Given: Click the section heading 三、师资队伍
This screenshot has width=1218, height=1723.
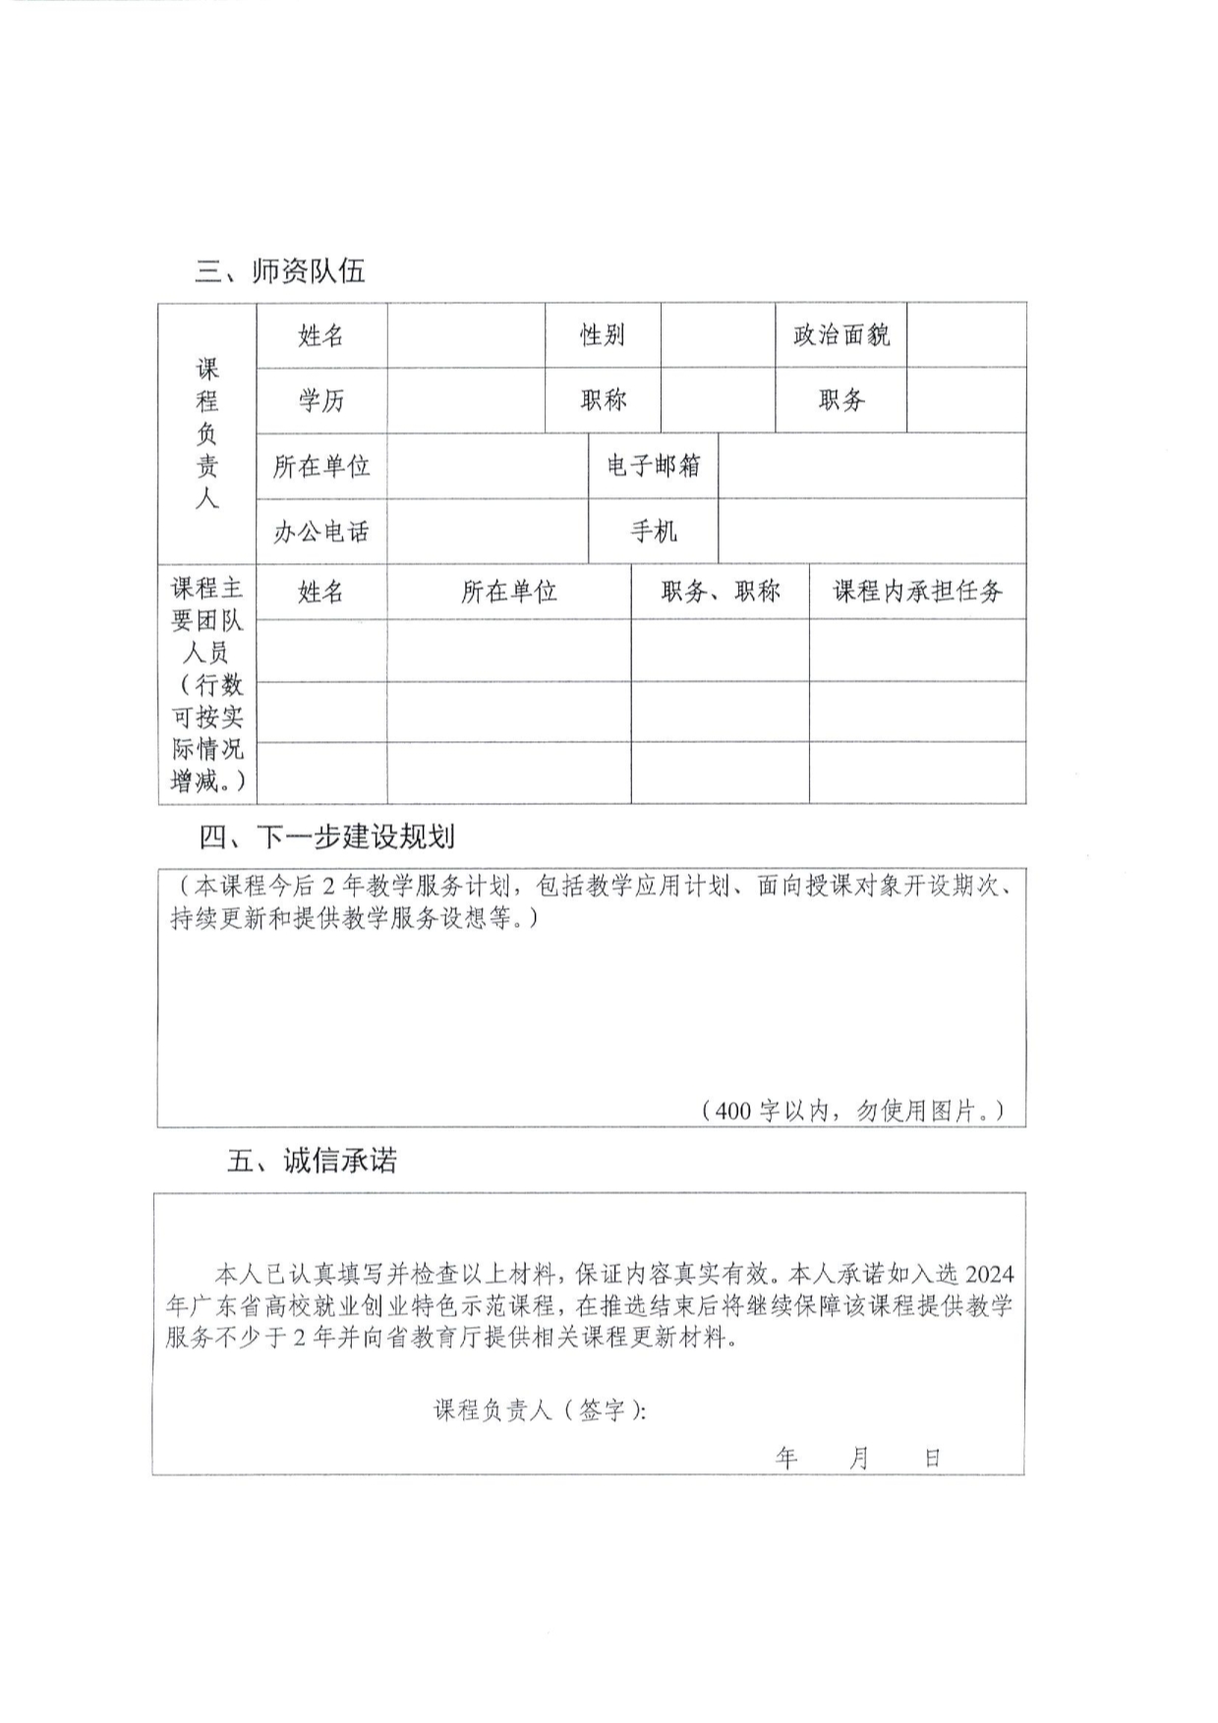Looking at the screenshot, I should click(x=280, y=271).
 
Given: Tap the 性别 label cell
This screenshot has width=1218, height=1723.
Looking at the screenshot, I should click(x=602, y=335).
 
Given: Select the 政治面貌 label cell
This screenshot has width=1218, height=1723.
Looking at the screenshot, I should click(x=841, y=335).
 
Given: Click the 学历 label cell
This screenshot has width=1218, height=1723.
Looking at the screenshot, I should click(x=321, y=400).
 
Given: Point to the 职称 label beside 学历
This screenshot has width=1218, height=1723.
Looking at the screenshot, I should click(x=602, y=400).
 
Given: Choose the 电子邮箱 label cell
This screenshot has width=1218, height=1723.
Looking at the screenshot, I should click(x=653, y=466).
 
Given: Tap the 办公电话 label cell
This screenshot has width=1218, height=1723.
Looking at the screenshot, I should click(x=321, y=532).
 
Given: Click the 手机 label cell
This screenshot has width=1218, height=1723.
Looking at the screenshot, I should click(x=653, y=532).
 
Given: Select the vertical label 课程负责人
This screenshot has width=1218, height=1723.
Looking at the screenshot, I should click(x=206, y=432).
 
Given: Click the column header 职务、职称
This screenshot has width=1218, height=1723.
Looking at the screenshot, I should click(x=720, y=592).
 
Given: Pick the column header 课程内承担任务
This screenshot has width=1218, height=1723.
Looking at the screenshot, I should click(x=917, y=592).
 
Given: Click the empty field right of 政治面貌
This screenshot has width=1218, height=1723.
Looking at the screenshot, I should click(x=966, y=335).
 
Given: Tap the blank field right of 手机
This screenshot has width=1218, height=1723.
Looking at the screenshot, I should click(x=872, y=532).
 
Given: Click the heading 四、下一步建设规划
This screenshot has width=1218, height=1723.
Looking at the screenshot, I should click(x=326, y=837).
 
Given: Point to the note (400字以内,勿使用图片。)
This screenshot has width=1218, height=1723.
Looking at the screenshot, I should click(x=852, y=1111).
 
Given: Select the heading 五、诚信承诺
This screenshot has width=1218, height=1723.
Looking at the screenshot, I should click(x=312, y=1161).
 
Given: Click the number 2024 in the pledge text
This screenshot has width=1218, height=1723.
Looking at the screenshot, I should click(x=989, y=1274).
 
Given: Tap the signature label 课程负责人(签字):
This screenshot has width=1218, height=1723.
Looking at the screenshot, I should click(x=540, y=1410).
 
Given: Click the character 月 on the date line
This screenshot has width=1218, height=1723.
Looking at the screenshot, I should click(x=858, y=1458).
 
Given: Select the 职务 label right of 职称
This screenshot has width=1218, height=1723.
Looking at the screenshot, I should click(x=841, y=400).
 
